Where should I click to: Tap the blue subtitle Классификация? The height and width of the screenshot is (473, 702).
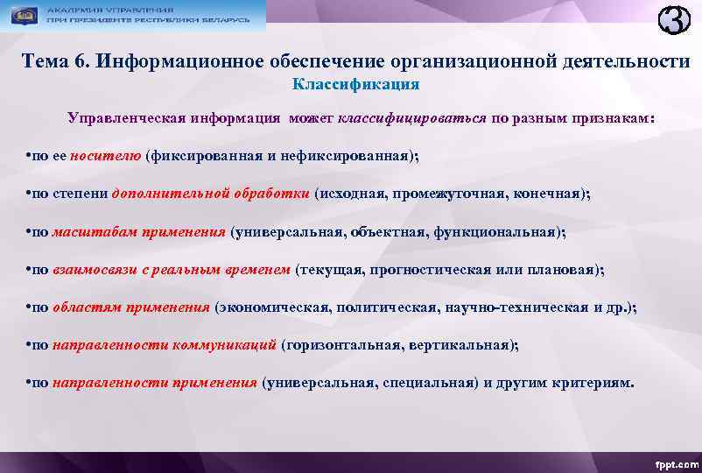pos(355,86)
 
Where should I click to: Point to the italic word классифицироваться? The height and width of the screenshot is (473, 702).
pos(411,117)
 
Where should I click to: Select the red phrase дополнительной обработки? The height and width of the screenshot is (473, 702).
pos(210,194)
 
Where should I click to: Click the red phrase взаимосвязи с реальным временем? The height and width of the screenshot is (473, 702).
pos(171,270)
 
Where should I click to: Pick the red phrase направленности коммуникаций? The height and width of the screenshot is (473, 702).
pos(165,345)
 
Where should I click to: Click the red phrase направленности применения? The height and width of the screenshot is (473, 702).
pos(155,383)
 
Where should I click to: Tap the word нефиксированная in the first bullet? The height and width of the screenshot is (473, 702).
pos(348,156)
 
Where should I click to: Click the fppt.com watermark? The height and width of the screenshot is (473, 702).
pos(674,462)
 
